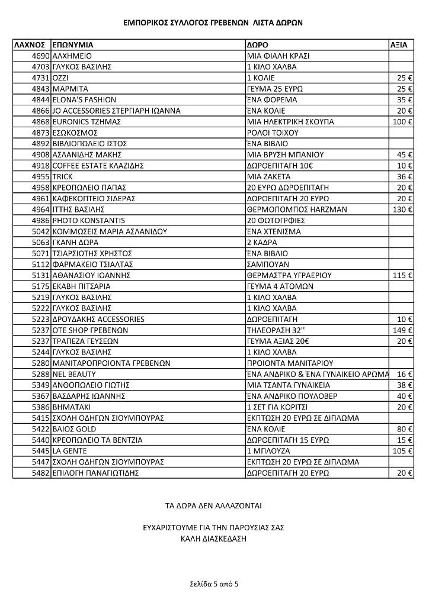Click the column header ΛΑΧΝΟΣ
(x=30, y=44)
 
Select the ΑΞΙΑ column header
(x=399, y=44)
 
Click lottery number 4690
(x=41, y=56)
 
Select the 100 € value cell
(x=402, y=121)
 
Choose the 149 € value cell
(x=402, y=330)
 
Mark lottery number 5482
(x=41, y=473)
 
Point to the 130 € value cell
(x=402, y=209)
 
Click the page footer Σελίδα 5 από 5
(x=214, y=584)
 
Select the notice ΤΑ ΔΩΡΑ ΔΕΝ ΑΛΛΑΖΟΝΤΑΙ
(x=213, y=506)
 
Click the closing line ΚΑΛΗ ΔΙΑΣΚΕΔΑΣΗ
(x=213, y=539)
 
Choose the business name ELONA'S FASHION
(x=84, y=99)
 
